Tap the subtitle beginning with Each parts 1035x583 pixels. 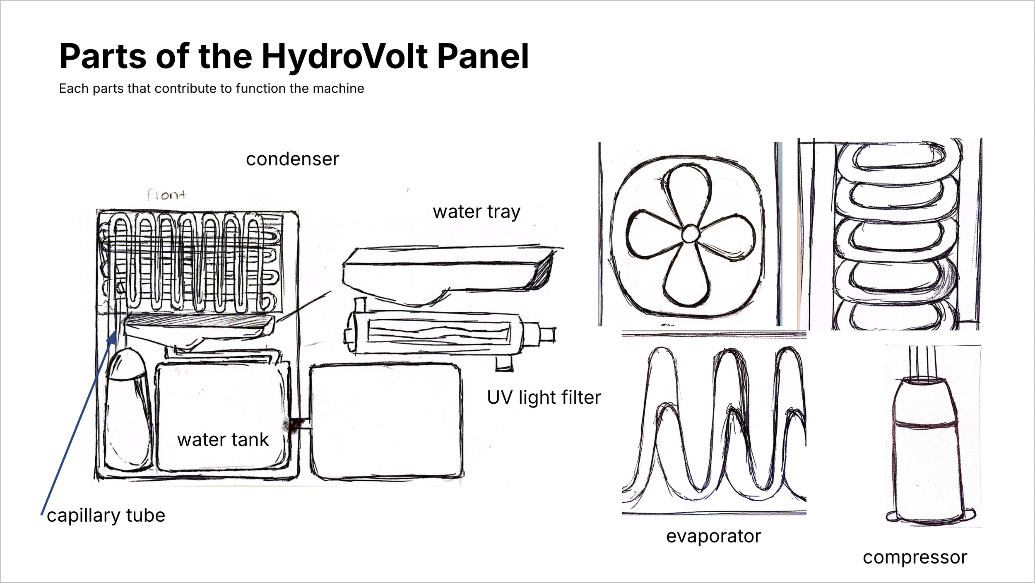tap(211, 89)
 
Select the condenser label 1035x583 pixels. tap(292, 159)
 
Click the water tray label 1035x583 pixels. tap(476, 212)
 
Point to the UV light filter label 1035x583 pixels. tap(544, 397)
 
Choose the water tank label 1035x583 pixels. tap(223, 440)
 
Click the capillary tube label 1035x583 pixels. tap(106, 516)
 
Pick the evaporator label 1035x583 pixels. tap(713, 537)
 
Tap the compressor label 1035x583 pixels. tap(915, 558)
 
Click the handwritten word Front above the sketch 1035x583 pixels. tap(166, 195)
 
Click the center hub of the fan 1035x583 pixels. tap(690, 234)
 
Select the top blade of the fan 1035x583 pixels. tap(687, 190)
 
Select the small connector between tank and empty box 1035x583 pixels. tap(301, 424)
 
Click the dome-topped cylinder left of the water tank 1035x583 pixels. tap(127, 410)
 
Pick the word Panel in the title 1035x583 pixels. tap(483, 57)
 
